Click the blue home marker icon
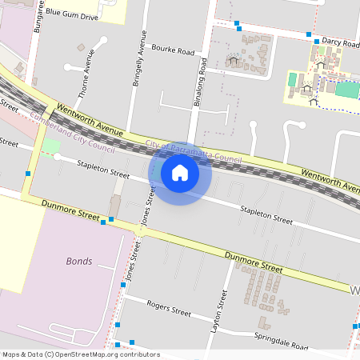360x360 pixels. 179,172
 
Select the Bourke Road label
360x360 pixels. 173,50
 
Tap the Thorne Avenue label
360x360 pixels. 90,69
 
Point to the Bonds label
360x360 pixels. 79,262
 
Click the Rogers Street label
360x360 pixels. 169,308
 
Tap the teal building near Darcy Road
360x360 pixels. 346,90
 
